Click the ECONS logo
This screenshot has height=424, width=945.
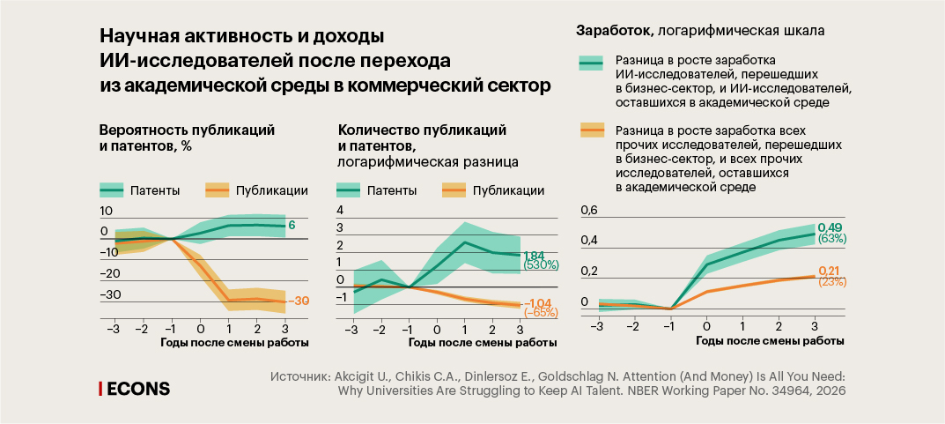click(134, 388)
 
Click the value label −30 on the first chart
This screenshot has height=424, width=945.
click(302, 301)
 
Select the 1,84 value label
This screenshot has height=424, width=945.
click(535, 255)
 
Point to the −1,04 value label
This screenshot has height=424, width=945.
click(537, 302)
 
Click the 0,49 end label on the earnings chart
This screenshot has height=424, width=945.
click(831, 227)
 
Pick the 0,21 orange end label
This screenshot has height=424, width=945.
click(831, 271)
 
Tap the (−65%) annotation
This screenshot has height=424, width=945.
click(541, 313)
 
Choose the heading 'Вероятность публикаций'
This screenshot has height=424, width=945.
click(181, 130)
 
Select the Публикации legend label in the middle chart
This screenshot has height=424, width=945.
click(508, 190)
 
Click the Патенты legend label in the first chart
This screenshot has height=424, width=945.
click(155, 190)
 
